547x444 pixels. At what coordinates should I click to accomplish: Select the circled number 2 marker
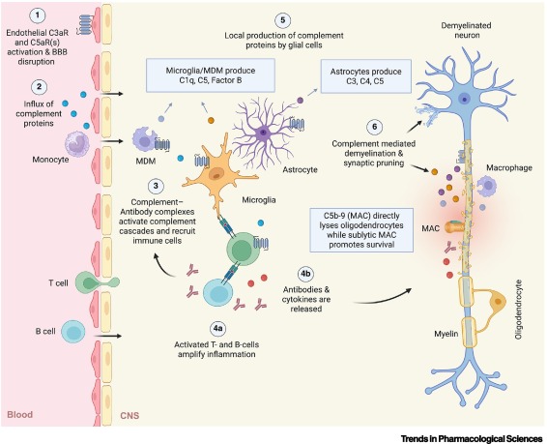point(37,86)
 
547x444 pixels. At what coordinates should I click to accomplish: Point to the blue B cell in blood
point(76,332)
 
